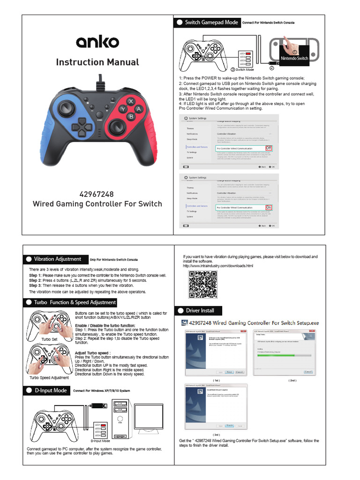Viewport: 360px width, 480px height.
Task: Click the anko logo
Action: coord(97,42)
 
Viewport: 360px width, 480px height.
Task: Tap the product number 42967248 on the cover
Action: coord(97,194)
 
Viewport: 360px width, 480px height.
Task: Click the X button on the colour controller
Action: coord(131,101)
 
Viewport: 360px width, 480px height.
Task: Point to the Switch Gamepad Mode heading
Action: coord(211,22)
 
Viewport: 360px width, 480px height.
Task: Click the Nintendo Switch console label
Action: coord(294,59)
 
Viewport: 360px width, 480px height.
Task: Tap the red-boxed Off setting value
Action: coord(269,148)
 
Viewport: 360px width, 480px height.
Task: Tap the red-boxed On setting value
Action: coord(269,207)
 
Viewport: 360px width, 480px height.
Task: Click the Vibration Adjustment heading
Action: coord(57,259)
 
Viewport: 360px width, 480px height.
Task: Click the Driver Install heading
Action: coord(200,310)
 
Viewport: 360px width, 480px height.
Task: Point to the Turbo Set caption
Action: coord(49,339)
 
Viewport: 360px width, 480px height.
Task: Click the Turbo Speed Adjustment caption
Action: coord(49,377)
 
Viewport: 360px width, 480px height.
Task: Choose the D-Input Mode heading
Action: coord(51,390)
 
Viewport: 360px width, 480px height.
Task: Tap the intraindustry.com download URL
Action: coord(218,266)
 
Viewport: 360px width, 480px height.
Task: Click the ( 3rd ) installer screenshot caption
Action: coord(216,435)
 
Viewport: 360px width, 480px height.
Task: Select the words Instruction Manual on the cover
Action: coord(97,62)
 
